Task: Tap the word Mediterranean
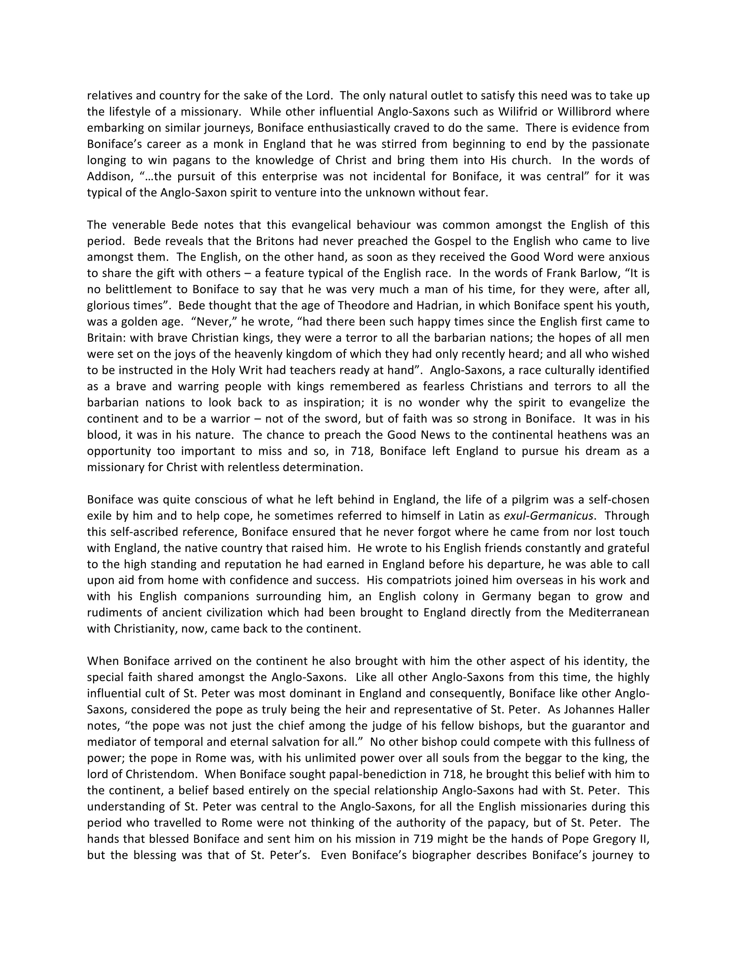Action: pyautogui.click(x=609, y=613)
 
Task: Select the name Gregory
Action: pyautogui.click(x=613, y=839)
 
